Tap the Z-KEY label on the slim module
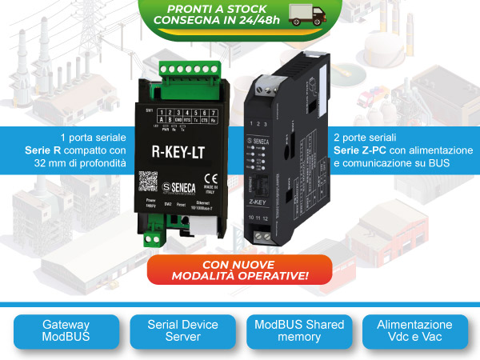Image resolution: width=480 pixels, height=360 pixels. click(x=269, y=204)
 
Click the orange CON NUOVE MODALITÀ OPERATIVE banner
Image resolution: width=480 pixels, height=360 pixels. click(x=239, y=270)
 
